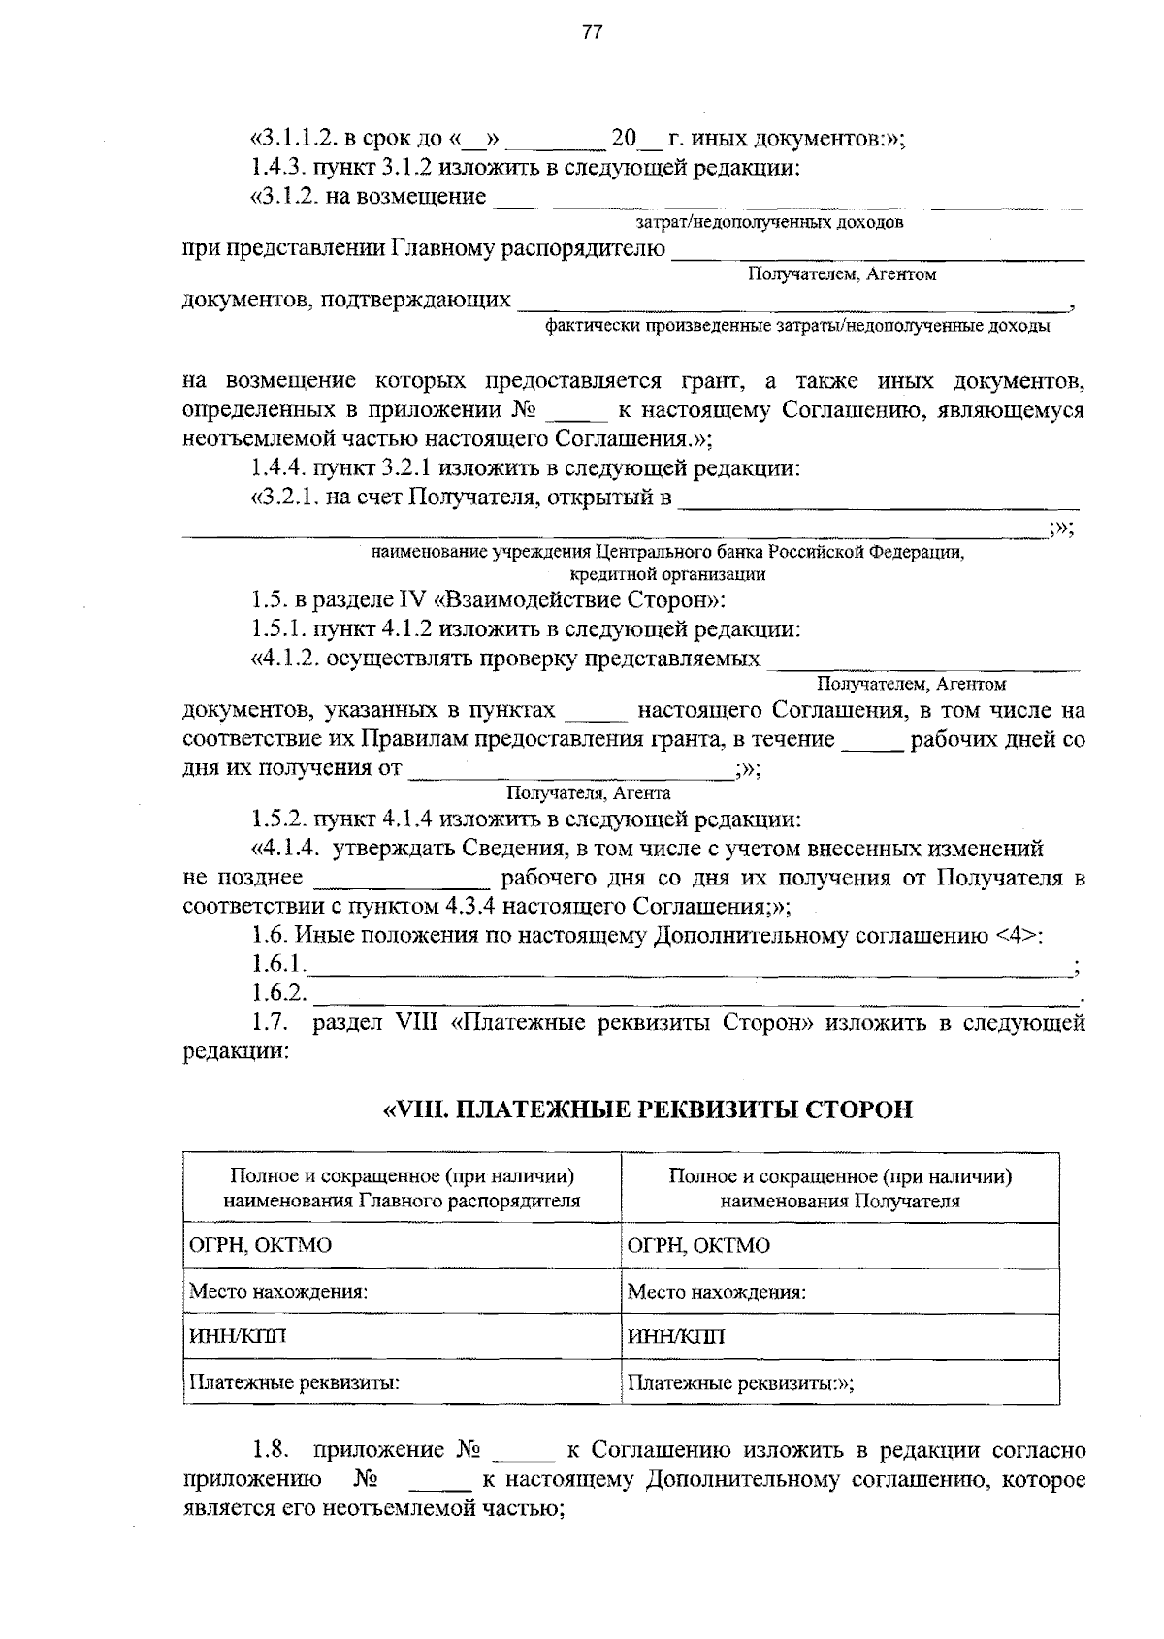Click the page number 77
click(x=592, y=33)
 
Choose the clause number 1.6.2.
click(x=279, y=994)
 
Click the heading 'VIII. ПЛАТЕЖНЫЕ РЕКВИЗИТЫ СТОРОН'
click(x=648, y=1109)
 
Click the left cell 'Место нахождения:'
click(x=278, y=1292)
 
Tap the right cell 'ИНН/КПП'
click(x=676, y=1337)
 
